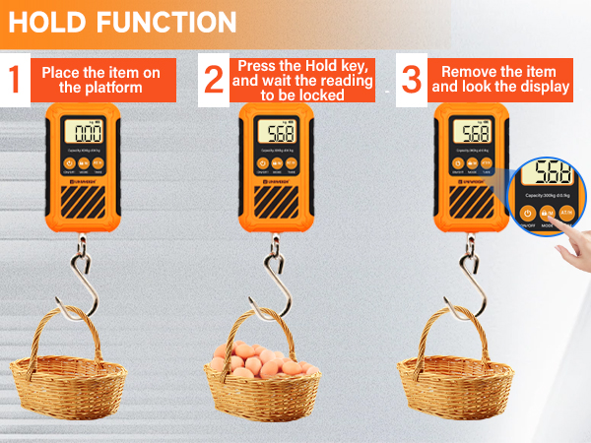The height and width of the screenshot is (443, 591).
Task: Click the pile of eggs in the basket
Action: coord(263,361)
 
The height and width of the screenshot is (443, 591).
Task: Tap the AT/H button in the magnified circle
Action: coord(567,212)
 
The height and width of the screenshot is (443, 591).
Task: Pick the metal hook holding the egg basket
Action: coord(275,281)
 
